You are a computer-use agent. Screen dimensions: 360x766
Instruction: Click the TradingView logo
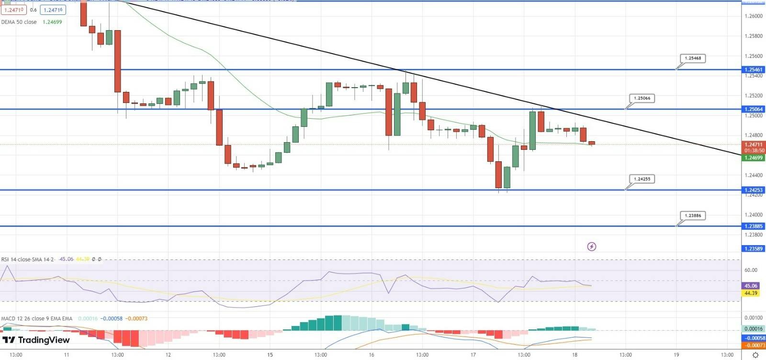36,340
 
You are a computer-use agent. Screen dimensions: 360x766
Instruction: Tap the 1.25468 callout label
693,58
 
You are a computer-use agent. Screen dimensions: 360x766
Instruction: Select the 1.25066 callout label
642,98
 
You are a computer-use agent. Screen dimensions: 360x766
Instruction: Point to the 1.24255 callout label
642,179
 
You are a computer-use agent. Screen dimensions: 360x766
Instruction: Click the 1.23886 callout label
693,215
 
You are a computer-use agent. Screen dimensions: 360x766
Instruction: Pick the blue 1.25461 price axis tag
754,70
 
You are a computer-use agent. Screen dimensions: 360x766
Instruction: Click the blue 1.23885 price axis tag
754,226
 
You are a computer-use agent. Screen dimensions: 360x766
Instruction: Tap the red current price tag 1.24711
754,145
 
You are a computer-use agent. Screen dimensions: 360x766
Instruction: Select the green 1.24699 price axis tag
754,157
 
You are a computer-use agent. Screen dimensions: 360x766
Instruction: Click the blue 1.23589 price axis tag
754,249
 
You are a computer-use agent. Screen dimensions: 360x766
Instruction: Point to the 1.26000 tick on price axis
754,16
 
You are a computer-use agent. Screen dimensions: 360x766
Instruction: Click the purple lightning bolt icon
592,247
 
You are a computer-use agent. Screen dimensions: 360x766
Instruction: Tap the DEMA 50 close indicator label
19,22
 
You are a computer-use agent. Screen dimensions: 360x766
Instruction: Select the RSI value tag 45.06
751,286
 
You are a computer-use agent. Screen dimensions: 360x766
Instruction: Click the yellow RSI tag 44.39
751,293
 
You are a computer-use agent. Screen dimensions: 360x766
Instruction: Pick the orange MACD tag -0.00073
754,345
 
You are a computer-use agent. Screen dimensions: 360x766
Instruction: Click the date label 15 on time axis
270,355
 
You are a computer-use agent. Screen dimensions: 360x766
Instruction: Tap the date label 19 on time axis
676,355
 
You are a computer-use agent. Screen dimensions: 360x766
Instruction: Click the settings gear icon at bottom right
755,355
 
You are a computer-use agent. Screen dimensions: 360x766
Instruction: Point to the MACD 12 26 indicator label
36,318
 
